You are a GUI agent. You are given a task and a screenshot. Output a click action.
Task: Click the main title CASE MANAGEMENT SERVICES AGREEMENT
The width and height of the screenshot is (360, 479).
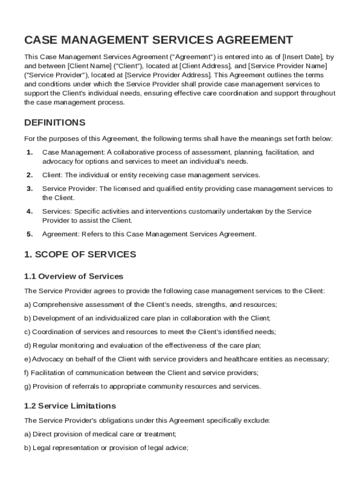coord(158,40)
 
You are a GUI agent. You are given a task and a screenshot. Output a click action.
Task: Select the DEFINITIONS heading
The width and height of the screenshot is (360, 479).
coord(55,123)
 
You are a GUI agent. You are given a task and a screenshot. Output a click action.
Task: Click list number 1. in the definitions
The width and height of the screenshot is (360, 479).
coord(29,152)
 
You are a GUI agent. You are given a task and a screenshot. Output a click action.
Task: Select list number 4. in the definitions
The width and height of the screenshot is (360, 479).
coord(29,211)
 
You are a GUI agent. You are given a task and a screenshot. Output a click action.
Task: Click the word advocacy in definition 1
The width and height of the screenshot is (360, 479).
coord(56,161)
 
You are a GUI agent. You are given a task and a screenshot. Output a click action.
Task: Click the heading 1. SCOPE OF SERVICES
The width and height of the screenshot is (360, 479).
coord(80,254)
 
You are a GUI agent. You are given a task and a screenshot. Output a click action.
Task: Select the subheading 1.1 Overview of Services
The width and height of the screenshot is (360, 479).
coord(73,276)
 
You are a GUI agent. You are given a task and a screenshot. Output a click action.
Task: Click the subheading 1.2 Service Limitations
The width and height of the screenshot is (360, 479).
coord(70,406)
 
